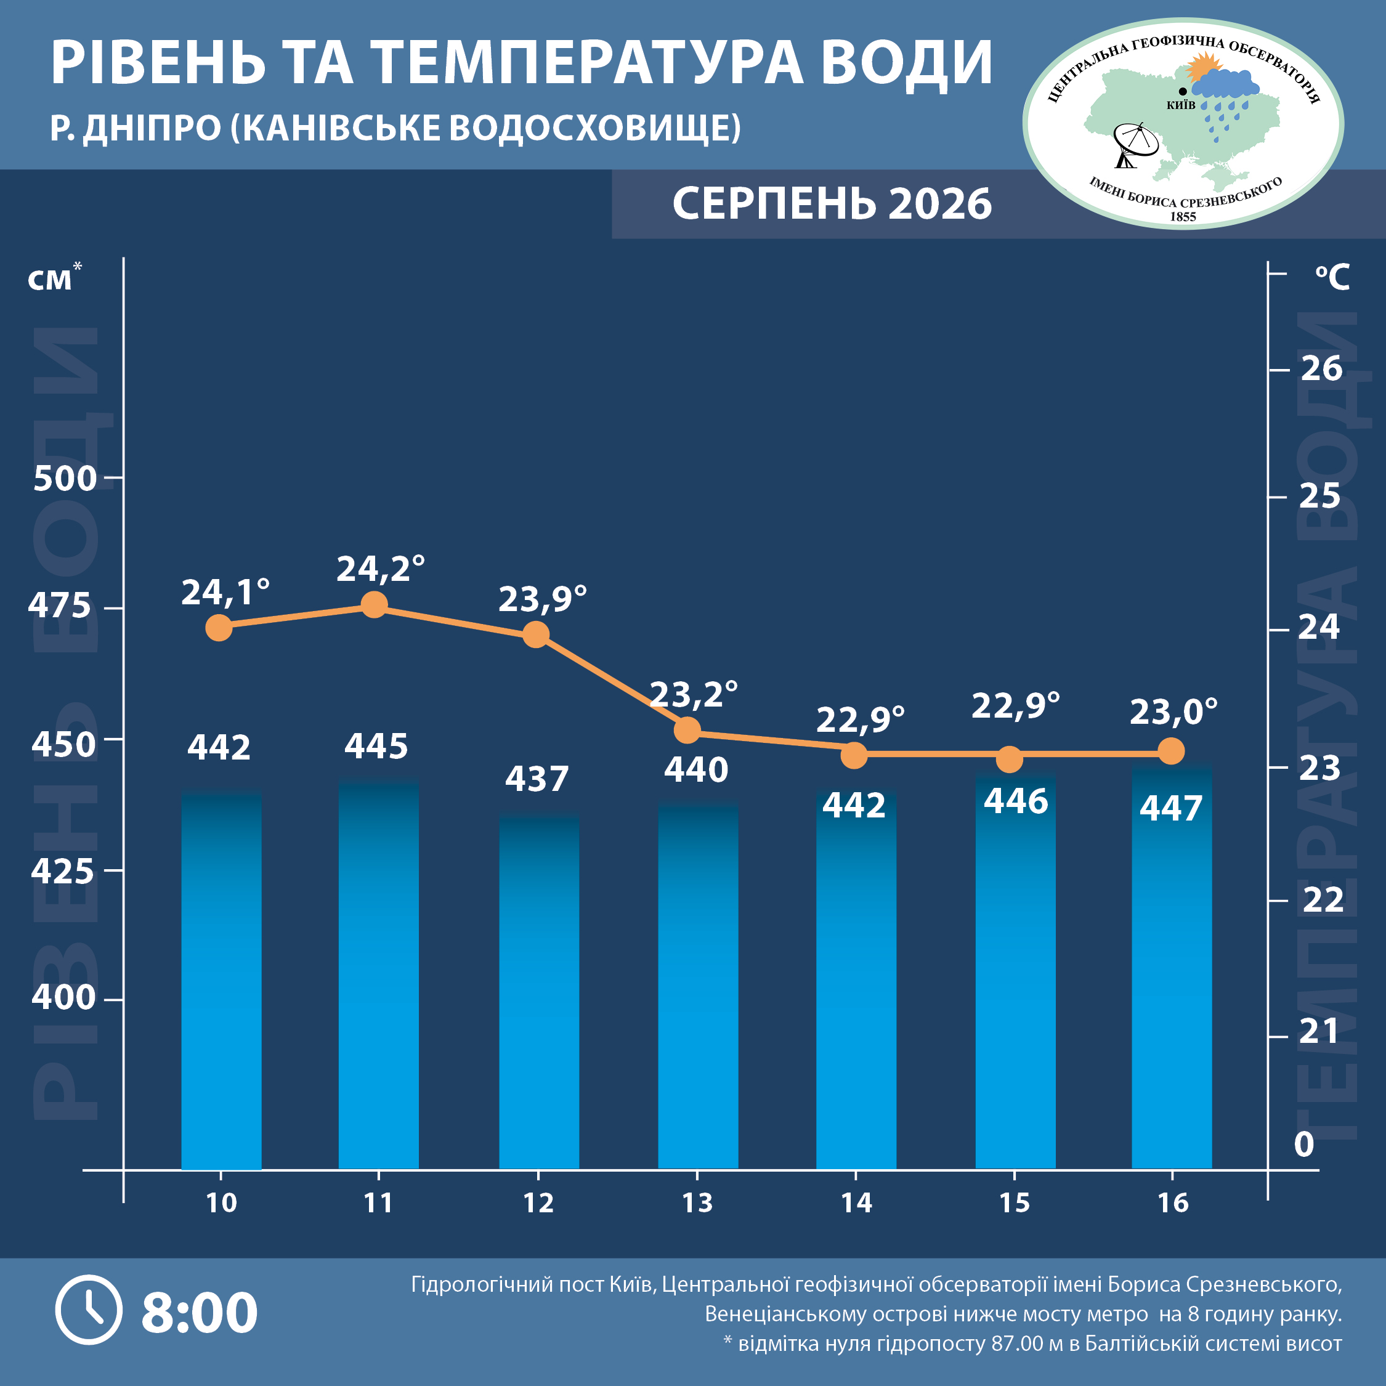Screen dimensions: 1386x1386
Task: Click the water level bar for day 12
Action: tap(539, 991)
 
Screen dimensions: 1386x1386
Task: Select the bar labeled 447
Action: tap(1172, 967)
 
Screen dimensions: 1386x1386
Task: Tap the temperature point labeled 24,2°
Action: tap(374, 605)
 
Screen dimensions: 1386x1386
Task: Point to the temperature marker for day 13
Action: tap(687, 731)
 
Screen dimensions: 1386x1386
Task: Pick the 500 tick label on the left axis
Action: tap(65, 478)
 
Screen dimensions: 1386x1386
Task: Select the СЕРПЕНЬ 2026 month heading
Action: tap(832, 203)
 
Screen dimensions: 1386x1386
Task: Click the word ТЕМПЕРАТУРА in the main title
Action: tap(589, 62)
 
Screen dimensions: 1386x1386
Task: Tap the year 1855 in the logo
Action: tap(1183, 217)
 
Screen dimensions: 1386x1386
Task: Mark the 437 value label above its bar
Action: tap(537, 779)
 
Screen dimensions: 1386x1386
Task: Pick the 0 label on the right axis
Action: tap(1303, 1145)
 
